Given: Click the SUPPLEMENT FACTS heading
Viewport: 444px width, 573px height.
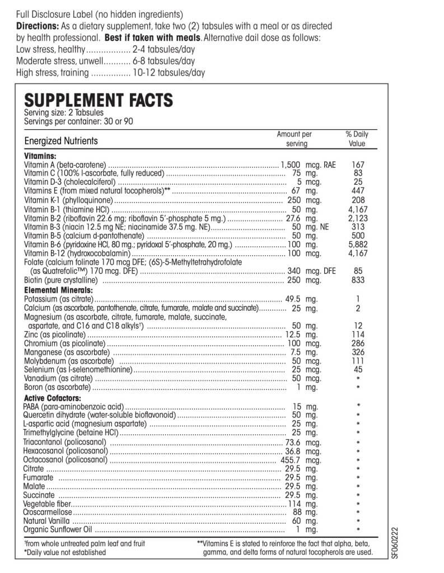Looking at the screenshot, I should pyautogui.click(x=99, y=101).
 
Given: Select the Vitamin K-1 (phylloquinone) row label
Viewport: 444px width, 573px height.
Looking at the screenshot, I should pyautogui.click(x=69, y=200).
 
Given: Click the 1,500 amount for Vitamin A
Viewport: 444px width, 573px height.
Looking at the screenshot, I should pyautogui.click(x=291, y=165).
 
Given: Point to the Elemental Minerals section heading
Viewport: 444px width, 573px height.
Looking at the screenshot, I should pyautogui.click(x=58, y=290).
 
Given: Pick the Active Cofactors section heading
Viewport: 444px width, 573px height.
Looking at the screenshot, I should pyautogui.click(x=53, y=397).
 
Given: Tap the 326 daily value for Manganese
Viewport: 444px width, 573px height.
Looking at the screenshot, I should pyautogui.click(x=358, y=352).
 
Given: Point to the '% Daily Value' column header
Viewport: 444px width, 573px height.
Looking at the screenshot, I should pyautogui.click(x=357, y=139).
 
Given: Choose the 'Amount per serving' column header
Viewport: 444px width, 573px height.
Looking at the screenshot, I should pyautogui.click(x=294, y=139).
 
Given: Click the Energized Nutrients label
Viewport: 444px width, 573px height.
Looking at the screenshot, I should pyautogui.click(x=61, y=141).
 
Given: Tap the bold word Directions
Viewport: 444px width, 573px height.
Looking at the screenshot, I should pyautogui.click(x=36, y=26).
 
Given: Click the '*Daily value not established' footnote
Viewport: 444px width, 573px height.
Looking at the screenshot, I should pyautogui.click(x=64, y=552).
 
